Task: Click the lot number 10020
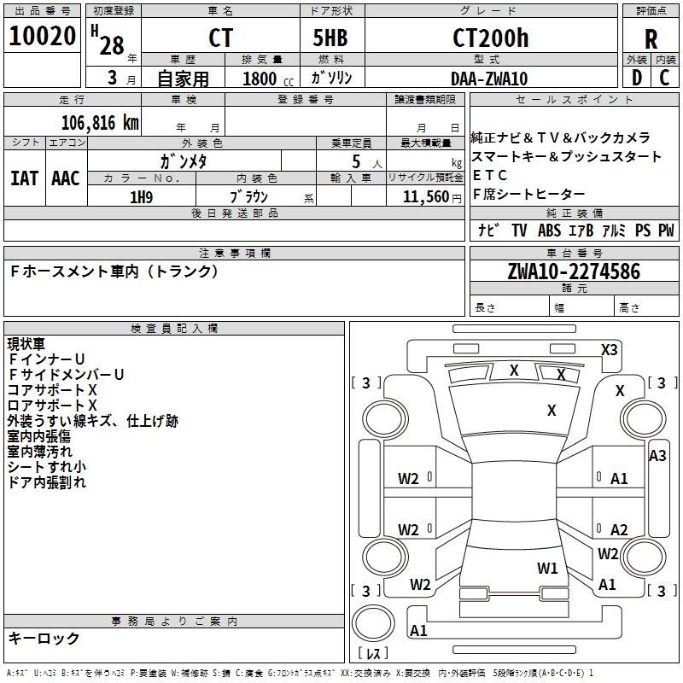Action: [43, 37]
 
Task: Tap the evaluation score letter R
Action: [651, 39]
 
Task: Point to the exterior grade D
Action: [636, 77]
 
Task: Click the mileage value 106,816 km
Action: [101, 122]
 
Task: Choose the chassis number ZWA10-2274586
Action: [573, 271]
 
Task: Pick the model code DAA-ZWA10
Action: [490, 78]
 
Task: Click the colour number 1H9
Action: [141, 196]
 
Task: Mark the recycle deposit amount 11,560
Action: [428, 196]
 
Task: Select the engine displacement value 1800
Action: [260, 79]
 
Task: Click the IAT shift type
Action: [24, 178]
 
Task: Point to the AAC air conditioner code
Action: [66, 178]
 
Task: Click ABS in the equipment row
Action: [549, 231]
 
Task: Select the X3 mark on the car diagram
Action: [609, 349]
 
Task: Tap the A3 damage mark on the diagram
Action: [657, 456]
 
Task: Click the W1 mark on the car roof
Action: [547, 568]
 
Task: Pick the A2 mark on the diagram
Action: [619, 530]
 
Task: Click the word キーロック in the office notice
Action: [44, 638]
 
